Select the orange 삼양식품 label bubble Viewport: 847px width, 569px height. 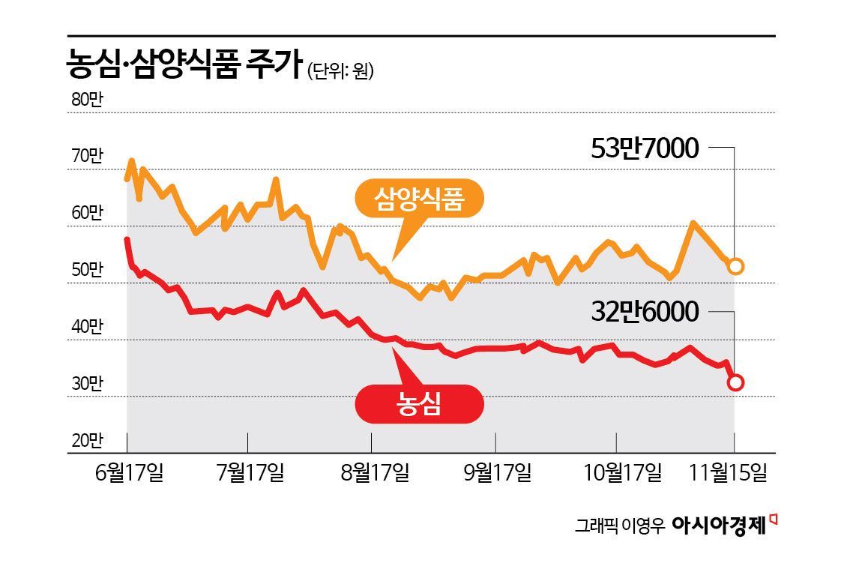pos(420,199)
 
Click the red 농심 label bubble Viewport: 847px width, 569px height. pos(419,405)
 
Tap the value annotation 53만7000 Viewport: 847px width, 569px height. pos(645,148)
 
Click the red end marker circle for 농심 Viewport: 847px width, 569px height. pos(735,382)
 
